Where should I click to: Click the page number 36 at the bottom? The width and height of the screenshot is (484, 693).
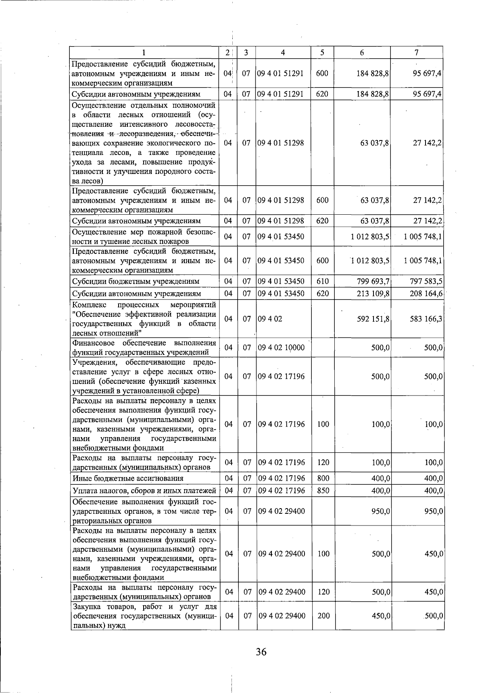261,651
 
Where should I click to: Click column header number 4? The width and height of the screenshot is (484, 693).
283,52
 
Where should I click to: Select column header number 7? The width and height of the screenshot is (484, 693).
416,52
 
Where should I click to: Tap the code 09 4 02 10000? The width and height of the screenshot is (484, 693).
281,348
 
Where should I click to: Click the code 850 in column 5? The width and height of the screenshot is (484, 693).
323,490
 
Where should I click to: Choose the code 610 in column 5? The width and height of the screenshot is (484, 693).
323,281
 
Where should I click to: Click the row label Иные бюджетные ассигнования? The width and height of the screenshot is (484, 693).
128,478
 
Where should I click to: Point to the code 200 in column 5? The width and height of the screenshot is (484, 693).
323,616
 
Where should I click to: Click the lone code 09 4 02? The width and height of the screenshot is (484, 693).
270,319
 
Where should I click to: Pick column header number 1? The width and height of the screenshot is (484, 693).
144,52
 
